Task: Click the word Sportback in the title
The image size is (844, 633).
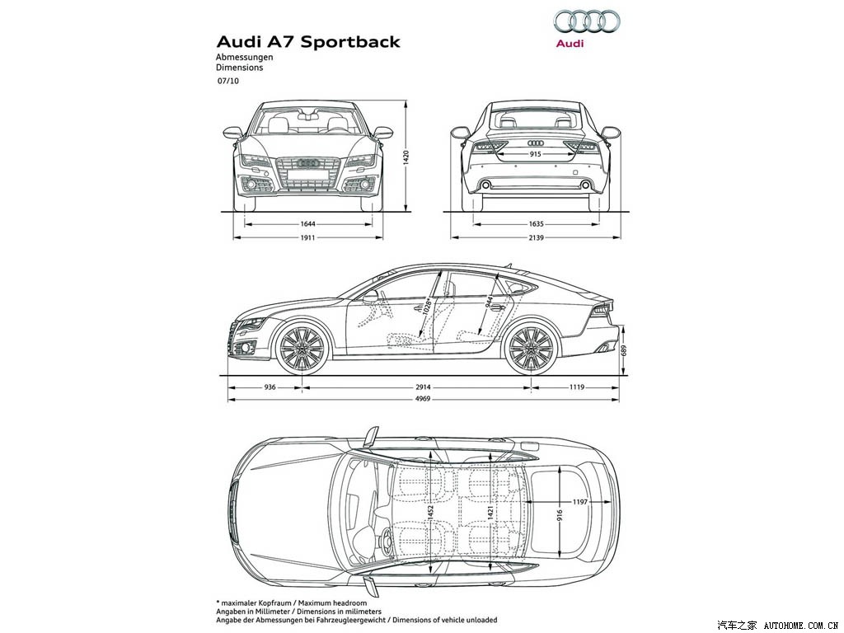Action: [349, 41]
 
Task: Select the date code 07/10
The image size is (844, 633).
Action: [228, 82]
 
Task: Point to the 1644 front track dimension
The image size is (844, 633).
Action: [308, 223]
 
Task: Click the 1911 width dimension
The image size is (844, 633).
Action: [308, 237]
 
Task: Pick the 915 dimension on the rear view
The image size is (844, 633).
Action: [535, 154]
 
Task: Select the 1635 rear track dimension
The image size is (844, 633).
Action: [535, 223]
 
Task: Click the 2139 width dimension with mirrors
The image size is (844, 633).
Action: [535, 237]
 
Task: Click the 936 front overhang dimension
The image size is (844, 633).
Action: [270, 386]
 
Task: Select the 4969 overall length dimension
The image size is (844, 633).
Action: [423, 400]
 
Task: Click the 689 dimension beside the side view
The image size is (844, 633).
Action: [624, 350]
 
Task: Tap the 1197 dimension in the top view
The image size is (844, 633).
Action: [580, 501]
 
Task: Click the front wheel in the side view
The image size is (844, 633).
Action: [302, 349]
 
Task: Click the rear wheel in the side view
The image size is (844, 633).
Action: [530, 349]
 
